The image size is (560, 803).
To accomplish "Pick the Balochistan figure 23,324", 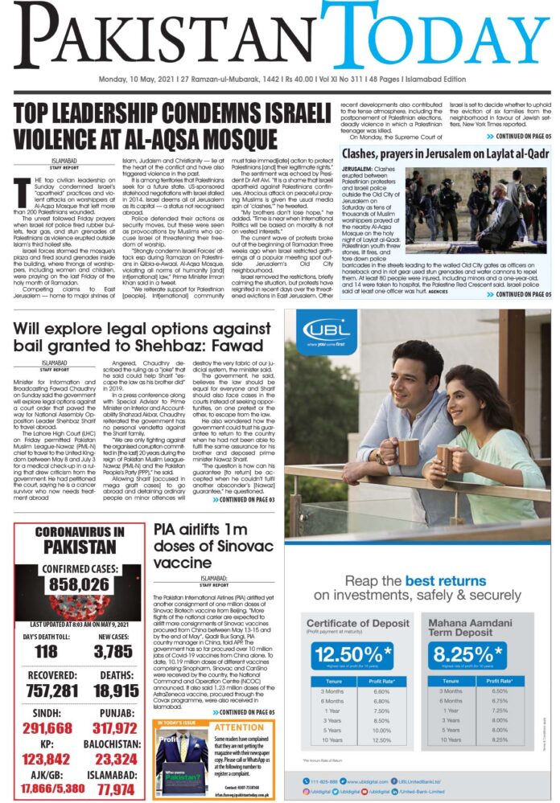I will tap(112, 758).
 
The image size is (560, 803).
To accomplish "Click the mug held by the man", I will tap(408, 451).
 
